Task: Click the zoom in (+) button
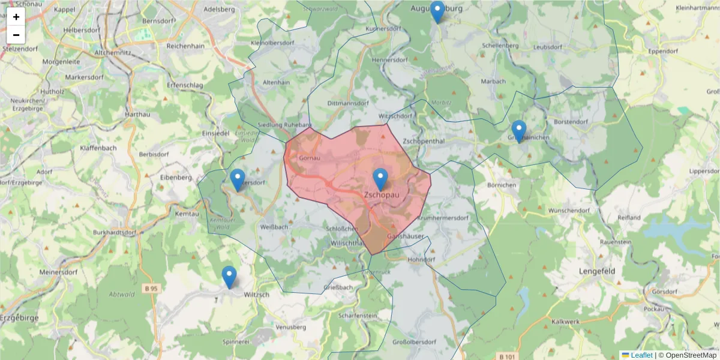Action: (x=16, y=17)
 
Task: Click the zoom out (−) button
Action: (x=16, y=35)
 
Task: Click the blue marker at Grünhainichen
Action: (x=519, y=131)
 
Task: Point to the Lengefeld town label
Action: (x=597, y=271)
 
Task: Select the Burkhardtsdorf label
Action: (x=116, y=232)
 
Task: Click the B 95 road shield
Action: (x=151, y=289)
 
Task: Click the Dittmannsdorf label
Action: (x=347, y=103)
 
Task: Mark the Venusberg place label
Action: (x=291, y=328)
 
